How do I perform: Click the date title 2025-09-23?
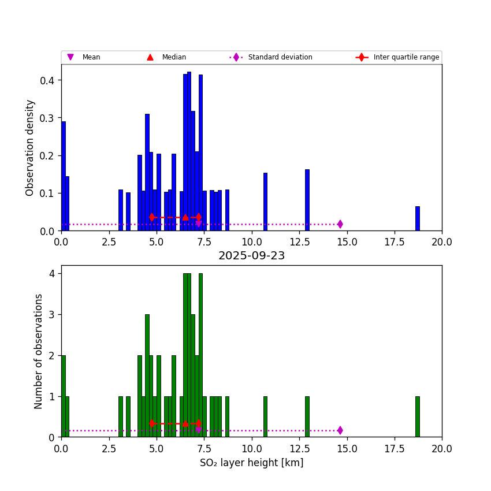coord(251,256)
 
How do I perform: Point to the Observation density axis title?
coord(30,147)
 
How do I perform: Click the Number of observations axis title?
coord(39,351)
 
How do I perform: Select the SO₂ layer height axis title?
coord(251,463)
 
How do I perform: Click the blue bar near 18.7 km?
coord(417,218)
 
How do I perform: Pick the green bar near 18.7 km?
coord(417,416)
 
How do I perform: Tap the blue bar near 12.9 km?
coord(307,200)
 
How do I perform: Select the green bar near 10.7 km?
coord(265,416)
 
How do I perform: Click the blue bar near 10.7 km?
coord(265,202)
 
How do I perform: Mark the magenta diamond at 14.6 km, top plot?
coord(340,224)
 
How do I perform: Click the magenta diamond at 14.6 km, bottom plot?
coord(340,430)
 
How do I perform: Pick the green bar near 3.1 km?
coord(121,416)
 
